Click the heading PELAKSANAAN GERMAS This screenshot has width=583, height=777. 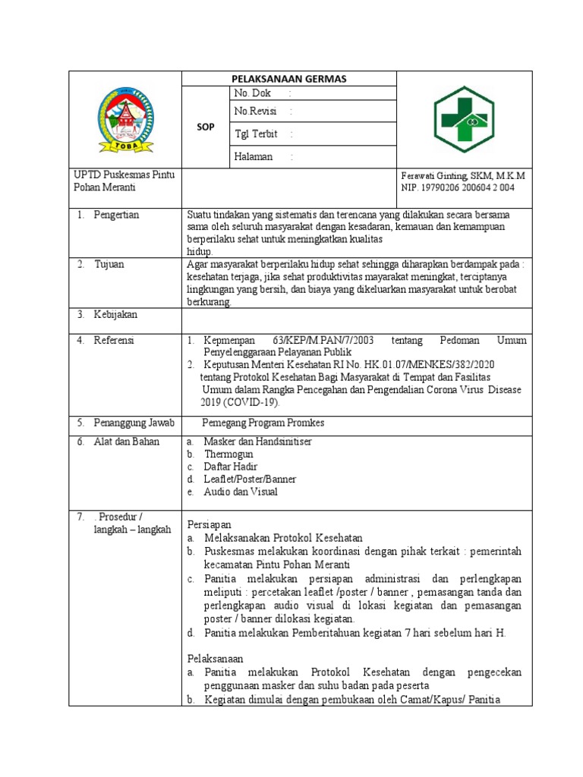pos(288,78)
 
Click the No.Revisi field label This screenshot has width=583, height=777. pos(256,112)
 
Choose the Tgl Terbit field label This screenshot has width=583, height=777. pos(257,134)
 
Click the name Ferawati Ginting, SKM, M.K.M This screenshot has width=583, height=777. pos(462,175)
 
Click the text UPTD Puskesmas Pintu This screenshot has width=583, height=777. pos(124,175)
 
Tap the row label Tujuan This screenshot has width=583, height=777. pos(109,264)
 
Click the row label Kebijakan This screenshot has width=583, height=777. pos(115,314)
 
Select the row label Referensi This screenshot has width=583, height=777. pos(114,341)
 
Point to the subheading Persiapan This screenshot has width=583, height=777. pos(209,524)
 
